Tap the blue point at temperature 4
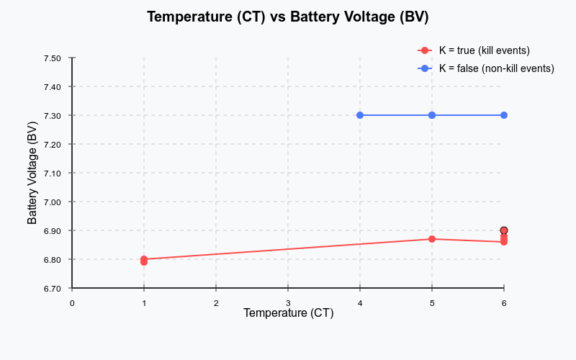click(360, 115)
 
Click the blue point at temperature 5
click(432, 115)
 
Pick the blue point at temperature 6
click(504, 115)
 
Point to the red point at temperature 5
click(432, 239)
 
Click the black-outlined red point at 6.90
click(504, 230)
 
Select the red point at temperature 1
click(144, 260)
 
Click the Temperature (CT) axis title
click(288, 313)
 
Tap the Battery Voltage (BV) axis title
click(32, 173)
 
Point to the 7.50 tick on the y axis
click(52, 58)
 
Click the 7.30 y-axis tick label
click(52, 115)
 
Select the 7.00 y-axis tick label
click(52, 202)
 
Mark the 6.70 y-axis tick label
click(52, 288)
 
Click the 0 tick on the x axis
click(72, 303)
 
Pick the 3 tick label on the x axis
click(288, 303)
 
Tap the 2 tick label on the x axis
click(216, 303)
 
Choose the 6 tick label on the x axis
click(504, 303)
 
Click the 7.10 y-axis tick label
click(52, 173)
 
